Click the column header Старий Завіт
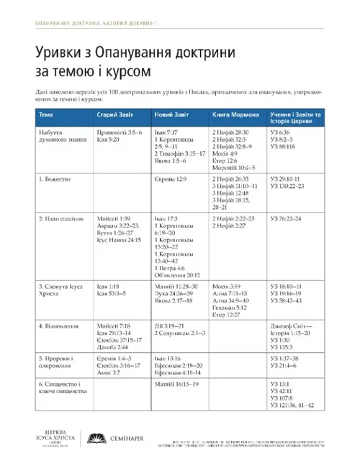115,116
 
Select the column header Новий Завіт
169,116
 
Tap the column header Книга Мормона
232,116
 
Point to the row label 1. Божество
54,178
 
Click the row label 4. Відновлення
60,326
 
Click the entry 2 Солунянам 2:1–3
181,333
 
